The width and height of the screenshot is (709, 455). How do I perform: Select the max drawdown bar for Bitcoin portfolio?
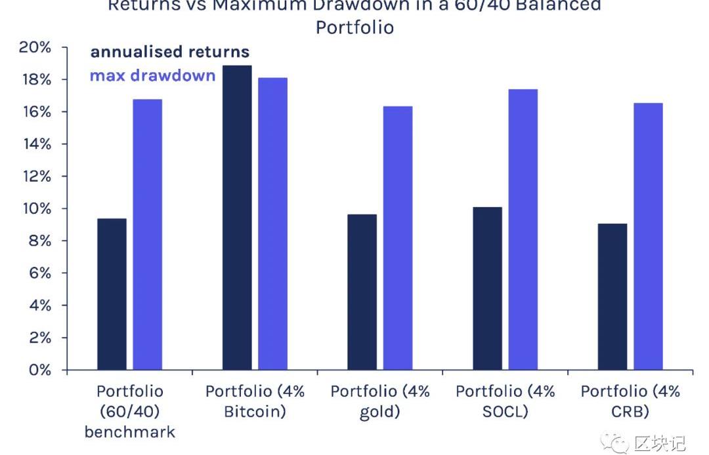[x=272, y=224]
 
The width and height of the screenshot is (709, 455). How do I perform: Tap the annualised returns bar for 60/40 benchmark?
[x=112, y=294]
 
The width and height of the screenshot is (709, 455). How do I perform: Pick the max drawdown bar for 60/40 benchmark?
[x=147, y=235]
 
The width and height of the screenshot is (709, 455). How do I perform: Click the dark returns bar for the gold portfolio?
[x=362, y=292]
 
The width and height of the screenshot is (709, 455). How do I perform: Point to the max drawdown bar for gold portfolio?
[x=398, y=238]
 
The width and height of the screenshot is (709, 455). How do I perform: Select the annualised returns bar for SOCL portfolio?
[x=487, y=288]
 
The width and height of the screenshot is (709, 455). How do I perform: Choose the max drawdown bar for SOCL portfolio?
[x=523, y=229]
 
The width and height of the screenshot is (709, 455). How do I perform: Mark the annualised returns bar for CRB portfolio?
[x=612, y=297]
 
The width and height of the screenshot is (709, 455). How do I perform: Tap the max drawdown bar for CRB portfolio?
[x=648, y=237]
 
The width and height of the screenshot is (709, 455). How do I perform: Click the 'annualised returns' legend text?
[x=169, y=52]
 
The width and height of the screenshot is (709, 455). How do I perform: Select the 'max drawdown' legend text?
[x=152, y=75]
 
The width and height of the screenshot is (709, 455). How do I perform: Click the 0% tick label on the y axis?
[x=39, y=370]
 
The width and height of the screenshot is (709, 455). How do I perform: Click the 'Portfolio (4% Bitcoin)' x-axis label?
[x=255, y=401]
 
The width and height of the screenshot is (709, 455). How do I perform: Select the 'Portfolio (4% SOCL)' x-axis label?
[x=505, y=401]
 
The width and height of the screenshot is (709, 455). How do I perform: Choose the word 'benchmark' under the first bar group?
[x=130, y=432]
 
